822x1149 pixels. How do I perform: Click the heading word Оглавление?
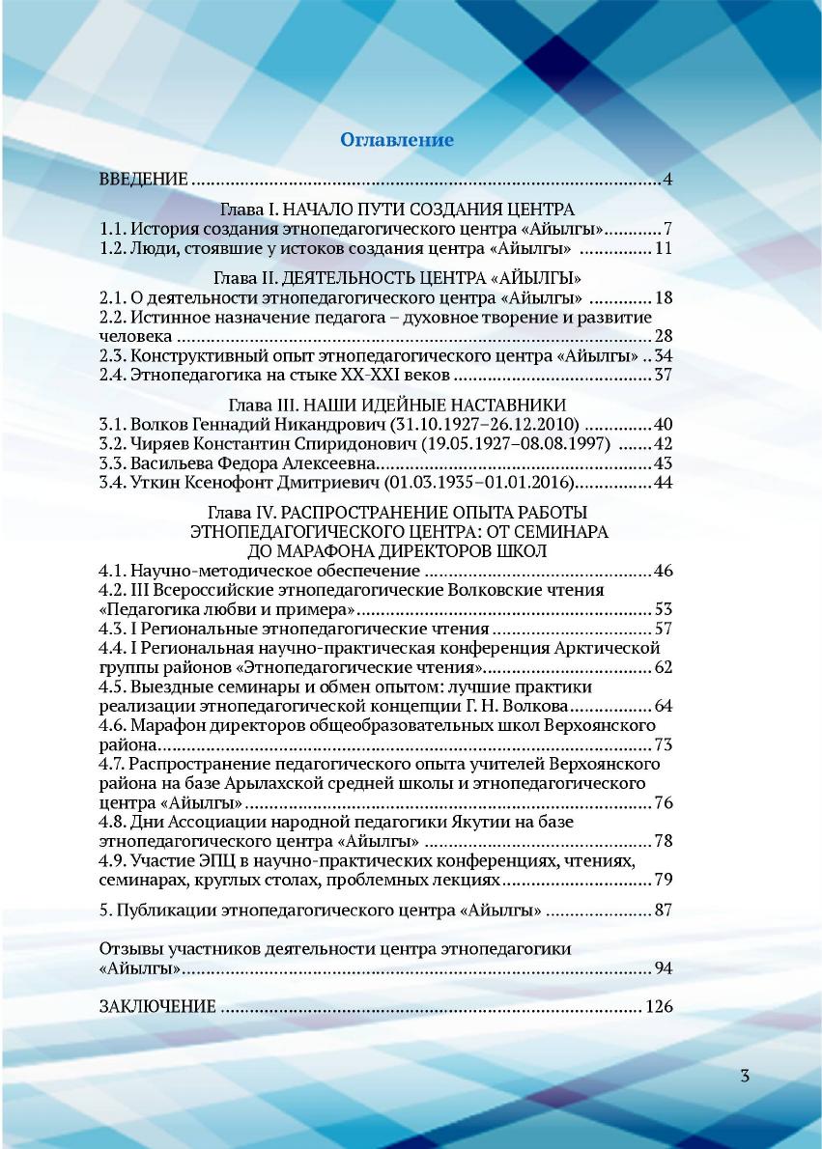[x=396, y=140]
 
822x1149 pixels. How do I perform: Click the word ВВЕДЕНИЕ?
[x=143, y=181]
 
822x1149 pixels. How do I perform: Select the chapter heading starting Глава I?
[x=398, y=210]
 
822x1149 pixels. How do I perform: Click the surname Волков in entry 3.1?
[x=157, y=425]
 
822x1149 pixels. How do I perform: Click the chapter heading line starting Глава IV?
[x=398, y=512]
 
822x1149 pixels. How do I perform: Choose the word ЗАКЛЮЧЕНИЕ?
[x=158, y=1007]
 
